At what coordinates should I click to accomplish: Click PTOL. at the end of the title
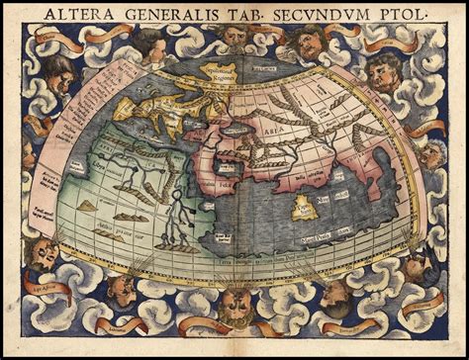pyautogui.click(x=397, y=16)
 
